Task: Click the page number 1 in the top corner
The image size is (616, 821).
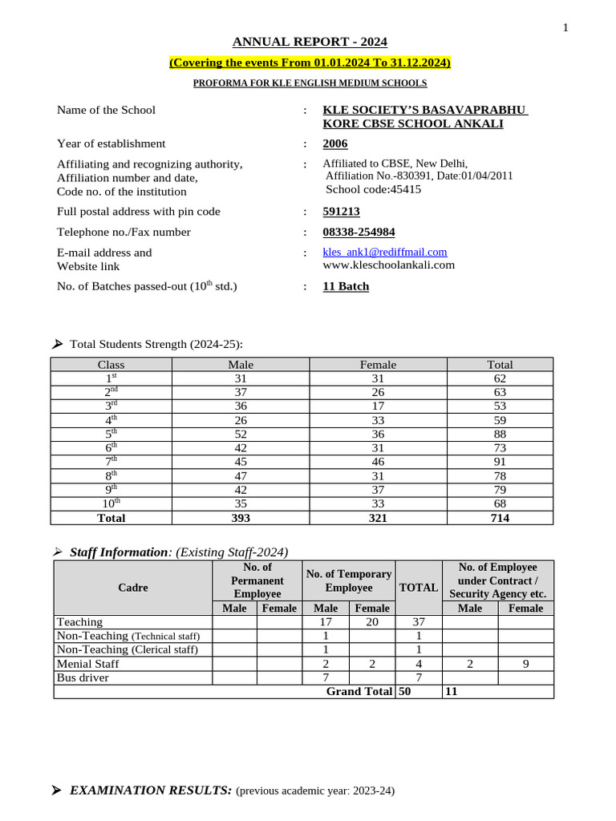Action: pyautogui.click(x=565, y=28)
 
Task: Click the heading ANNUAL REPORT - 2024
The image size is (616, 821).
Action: pyautogui.click(x=310, y=42)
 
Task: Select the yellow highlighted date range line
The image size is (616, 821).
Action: pyautogui.click(x=310, y=63)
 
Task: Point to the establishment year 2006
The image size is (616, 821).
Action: pyautogui.click(x=335, y=144)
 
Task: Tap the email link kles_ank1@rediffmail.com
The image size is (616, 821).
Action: pyautogui.click(x=385, y=252)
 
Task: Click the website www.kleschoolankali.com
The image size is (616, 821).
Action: pyautogui.click(x=388, y=265)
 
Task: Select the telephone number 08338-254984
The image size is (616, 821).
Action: pyautogui.click(x=359, y=232)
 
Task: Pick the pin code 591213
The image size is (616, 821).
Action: pyautogui.click(x=341, y=212)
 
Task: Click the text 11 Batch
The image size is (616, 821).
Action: pyautogui.click(x=346, y=286)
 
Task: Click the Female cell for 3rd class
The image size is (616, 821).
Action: pyautogui.click(x=378, y=406)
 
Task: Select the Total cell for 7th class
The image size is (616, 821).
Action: pyautogui.click(x=500, y=462)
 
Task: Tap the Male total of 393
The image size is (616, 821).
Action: pyautogui.click(x=241, y=518)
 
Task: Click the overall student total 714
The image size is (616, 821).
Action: pyautogui.click(x=500, y=518)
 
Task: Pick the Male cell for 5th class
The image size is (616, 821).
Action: pyautogui.click(x=241, y=434)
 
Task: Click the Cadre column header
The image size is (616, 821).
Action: pyautogui.click(x=133, y=588)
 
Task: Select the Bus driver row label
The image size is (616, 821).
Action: pyautogui.click(x=83, y=677)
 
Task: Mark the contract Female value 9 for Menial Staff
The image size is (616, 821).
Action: pyautogui.click(x=525, y=664)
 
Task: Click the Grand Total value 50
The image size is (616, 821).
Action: pyautogui.click(x=405, y=691)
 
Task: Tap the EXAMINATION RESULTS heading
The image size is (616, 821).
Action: pyautogui.click(x=152, y=791)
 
